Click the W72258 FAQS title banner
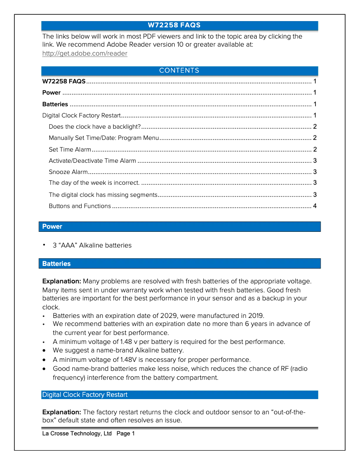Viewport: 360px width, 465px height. (x=180, y=25)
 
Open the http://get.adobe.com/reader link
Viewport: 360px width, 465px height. (x=84, y=53)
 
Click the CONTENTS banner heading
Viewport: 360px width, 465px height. (x=180, y=70)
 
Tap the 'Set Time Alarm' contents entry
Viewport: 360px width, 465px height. (x=70, y=149)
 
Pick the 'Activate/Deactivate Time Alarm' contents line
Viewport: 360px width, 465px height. (x=92, y=161)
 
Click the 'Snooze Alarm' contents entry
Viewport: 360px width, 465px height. (x=68, y=172)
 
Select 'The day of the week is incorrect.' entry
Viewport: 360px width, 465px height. (x=94, y=183)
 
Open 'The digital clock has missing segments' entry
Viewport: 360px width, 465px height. (x=103, y=195)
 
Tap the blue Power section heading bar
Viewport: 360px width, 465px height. (x=180, y=226)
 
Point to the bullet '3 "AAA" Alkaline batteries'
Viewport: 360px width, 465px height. (x=92, y=245)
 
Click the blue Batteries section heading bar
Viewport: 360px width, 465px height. (x=180, y=264)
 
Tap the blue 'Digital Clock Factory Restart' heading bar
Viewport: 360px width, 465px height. (x=180, y=395)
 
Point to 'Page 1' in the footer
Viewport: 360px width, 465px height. (x=126, y=434)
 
